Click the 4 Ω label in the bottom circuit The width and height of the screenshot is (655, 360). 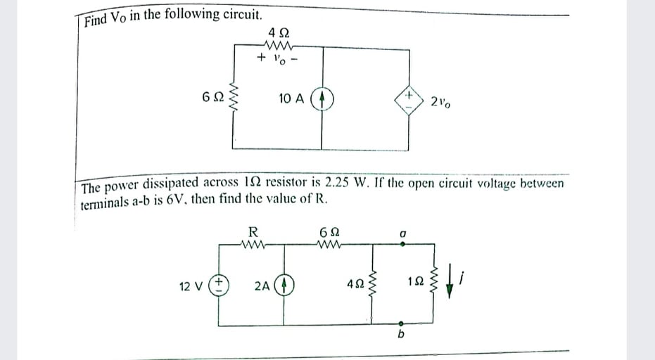tap(355, 287)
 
